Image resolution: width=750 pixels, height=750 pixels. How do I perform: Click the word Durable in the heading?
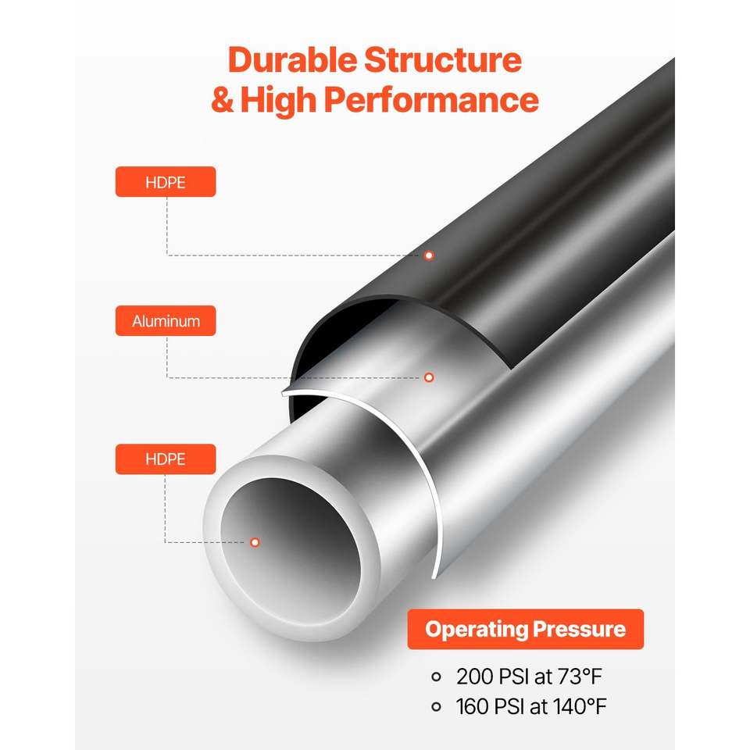(x=292, y=60)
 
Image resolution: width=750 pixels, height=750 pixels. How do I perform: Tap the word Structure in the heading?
(x=443, y=60)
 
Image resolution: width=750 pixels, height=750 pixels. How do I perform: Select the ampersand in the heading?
(x=223, y=99)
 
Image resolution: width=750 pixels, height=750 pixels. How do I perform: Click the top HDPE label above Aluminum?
(x=166, y=182)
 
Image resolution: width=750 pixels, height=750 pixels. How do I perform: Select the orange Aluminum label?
(x=166, y=320)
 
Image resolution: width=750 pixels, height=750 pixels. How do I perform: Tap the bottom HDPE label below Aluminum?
(x=166, y=459)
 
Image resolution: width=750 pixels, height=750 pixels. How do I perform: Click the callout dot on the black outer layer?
(x=429, y=255)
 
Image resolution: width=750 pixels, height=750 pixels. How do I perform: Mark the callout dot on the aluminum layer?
(x=429, y=378)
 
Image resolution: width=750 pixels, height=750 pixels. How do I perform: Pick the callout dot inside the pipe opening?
(x=255, y=542)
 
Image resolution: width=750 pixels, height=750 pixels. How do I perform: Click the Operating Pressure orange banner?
(x=525, y=629)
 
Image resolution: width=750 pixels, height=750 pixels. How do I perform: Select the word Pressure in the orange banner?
(x=579, y=629)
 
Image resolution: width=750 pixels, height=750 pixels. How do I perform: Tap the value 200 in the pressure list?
(x=474, y=677)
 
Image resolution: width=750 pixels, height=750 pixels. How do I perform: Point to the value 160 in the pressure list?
(x=473, y=706)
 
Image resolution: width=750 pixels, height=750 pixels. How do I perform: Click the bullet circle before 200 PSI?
(x=436, y=677)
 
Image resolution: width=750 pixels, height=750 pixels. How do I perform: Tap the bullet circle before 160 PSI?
(x=436, y=706)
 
